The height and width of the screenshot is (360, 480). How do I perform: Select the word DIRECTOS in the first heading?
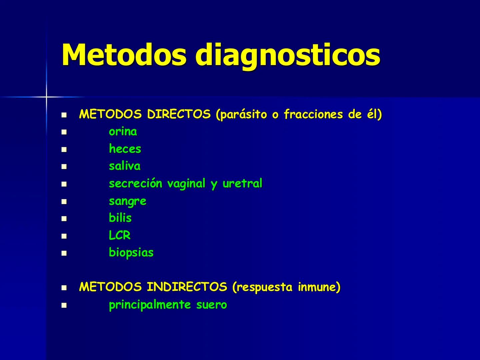(x=179, y=114)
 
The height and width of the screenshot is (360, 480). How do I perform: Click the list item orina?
(x=123, y=132)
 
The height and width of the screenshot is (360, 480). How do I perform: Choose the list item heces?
(x=125, y=149)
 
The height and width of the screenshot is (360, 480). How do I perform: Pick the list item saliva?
(x=125, y=166)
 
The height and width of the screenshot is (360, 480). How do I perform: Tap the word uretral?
(x=242, y=183)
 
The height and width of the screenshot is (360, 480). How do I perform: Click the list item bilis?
(x=120, y=218)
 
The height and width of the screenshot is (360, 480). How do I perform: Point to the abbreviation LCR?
(x=120, y=235)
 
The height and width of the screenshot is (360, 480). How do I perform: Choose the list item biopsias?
(x=131, y=253)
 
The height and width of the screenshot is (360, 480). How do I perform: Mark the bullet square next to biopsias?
(x=64, y=253)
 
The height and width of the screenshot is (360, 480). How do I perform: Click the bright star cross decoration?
(x=46, y=97)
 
